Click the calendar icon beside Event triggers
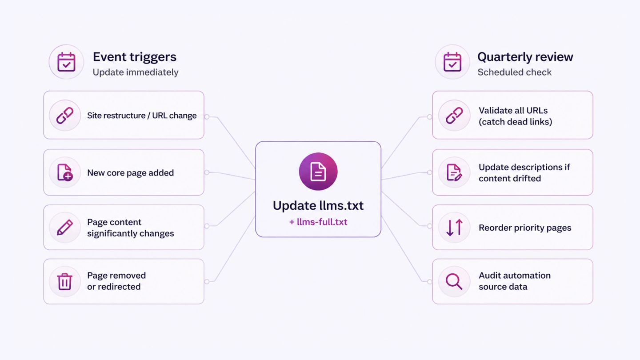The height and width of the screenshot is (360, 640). pyautogui.click(x=66, y=62)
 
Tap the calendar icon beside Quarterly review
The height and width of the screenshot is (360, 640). pyautogui.click(x=452, y=62)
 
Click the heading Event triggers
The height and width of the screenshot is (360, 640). pyautogui.click(x=135, y=57)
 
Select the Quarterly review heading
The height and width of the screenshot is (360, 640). pyautogui.click(x=525, y=57)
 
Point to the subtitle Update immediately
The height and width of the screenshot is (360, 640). pyautogui.click(x=136, y=72)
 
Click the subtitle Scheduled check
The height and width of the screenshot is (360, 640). pyautogui.click(x=514, y=72)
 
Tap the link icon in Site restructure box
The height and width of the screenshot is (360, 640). pyautogui.click(x=65, y=116)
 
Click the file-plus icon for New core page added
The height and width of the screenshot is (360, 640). pyautogui.click(x=65, y=172)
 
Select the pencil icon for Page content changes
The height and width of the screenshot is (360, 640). pyautogui.click(x=65, y=228)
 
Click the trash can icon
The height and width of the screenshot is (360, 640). pyautogui.click(x=64, y=282)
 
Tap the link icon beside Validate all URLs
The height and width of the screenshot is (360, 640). pyautogui.click(x=454, y=116)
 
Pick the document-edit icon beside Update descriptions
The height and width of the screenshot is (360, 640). pyautogui.click(x=454, y=172)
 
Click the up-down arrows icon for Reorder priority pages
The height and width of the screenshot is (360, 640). pyautogui.click(x=454, y=228)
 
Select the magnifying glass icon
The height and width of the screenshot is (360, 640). pyautogui.click(x=454, y=282)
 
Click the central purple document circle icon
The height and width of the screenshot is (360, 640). pyautogui.click(x=318, y=172)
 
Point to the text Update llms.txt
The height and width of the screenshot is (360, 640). pyautogui.click(x=318, y=205)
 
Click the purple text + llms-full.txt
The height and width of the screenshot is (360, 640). pyautogui.click(x=318, y=222)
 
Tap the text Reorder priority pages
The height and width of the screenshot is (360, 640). pyautogui.click(x=525, y=228)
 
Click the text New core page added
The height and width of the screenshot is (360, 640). pyautogui.click(x=130, y=173)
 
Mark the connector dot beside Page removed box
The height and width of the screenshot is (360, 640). pyautogui.click(x=207, y=282)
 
